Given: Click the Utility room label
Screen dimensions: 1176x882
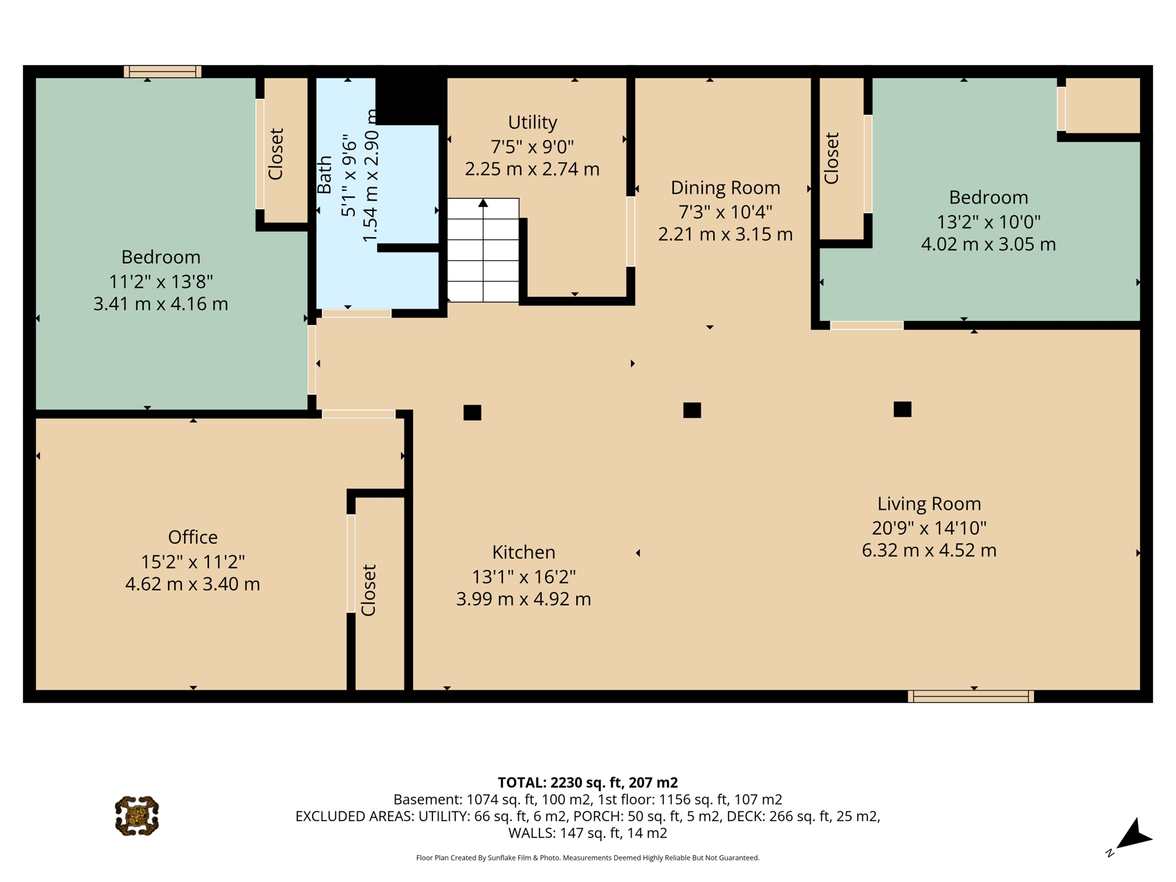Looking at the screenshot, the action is click(x=532, y=122).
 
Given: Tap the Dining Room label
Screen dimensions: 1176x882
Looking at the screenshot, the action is click(x=725, y=188).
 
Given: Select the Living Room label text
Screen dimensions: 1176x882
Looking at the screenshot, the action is click(x=929, y=504).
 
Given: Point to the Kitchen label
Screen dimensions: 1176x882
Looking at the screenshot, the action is click(x=524, y=552).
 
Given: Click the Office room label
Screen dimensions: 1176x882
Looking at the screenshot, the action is click(x=193, y=538).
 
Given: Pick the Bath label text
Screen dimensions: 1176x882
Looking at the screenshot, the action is click(x=324, y=175).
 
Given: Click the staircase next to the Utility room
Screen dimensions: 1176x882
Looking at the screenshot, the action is click(x=483, y=250).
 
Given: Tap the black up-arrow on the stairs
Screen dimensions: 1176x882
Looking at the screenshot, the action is click(x=483, y=203).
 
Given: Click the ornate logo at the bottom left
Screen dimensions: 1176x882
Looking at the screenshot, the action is click(x=137, y=816).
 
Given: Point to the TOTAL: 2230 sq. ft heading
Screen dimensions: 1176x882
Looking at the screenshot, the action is click(x=587, y=782).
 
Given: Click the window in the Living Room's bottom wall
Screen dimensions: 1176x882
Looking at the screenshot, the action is click(x=971, y=697).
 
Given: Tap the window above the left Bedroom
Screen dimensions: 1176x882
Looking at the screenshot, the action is click(x=163, y=71).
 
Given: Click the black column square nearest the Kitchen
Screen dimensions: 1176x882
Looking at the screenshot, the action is click(x=472, y=413).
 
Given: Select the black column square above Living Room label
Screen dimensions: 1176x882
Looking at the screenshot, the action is click(x=902, y=410).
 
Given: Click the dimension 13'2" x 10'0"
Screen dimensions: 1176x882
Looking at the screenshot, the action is click(x=989, y=222).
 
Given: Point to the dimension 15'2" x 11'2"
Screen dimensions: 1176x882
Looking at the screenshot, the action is click(x=193, y=562).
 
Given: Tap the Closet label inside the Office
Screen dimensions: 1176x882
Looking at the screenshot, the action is click(x=368, y=590).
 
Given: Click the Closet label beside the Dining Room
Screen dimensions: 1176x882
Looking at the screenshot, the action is click(x=832, y=158).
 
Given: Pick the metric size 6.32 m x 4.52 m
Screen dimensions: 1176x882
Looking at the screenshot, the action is click(x=929, y=551).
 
